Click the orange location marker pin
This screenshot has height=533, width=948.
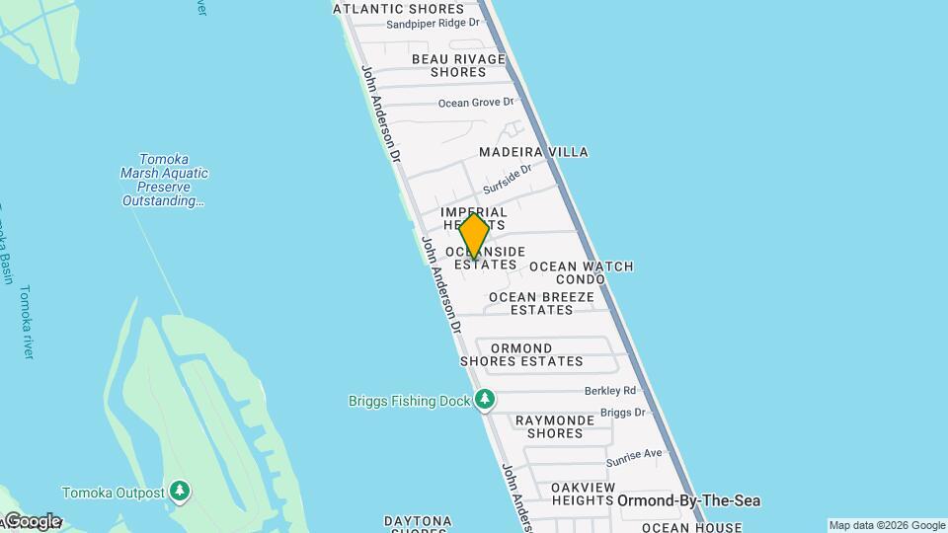pyautogui.click(x=475, y=236)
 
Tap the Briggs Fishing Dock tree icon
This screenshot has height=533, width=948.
pyautogui.click(x=484, y=400)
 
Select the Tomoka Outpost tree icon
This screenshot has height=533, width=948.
pyautogui.click(x=179, y=491)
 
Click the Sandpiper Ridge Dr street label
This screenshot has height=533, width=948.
pyautogui.click(x=433, y=24)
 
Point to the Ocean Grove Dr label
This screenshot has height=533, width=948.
pyautogui.click(x=476, y=103)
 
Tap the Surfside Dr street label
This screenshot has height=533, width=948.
pyautogui.click(x=508, y=179)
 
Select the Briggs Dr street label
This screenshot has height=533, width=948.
pyautogui.click(x=622, y=413)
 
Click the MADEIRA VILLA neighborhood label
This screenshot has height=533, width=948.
pyautogui.click(x=533, y=152)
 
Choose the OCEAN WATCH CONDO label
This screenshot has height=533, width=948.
pyautogui.click(x=581, y=272)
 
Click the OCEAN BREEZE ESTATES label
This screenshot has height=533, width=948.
pyautogui.click(x=541, y=303)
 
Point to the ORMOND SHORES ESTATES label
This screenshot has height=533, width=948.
pyautogui.click(x=521, y=354)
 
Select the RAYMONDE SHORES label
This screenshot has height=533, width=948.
pyautogui.click(x=555, y=426)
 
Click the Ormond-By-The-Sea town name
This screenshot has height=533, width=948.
pyautogui.click(x=689, y=501)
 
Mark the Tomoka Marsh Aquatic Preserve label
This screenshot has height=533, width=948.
pyautogui.click(x=165, y=180)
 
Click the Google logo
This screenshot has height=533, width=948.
pyautogui.click(x=32, y=521)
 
